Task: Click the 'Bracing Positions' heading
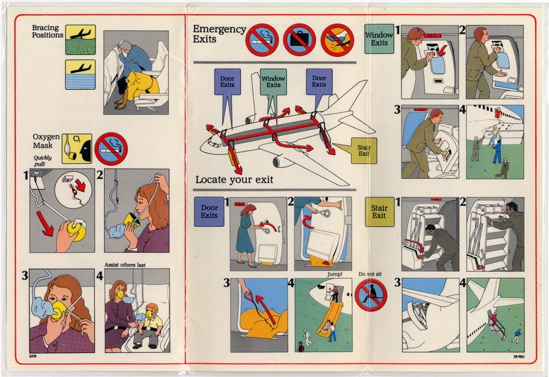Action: tap(46, 32)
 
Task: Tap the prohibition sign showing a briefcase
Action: tap(299, 40)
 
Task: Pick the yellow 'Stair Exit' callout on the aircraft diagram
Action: tap(364, 150)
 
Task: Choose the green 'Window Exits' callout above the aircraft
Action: tap(273, 83)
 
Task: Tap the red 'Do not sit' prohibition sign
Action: tap(371, 295)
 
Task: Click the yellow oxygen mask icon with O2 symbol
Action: tap(75, 147)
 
